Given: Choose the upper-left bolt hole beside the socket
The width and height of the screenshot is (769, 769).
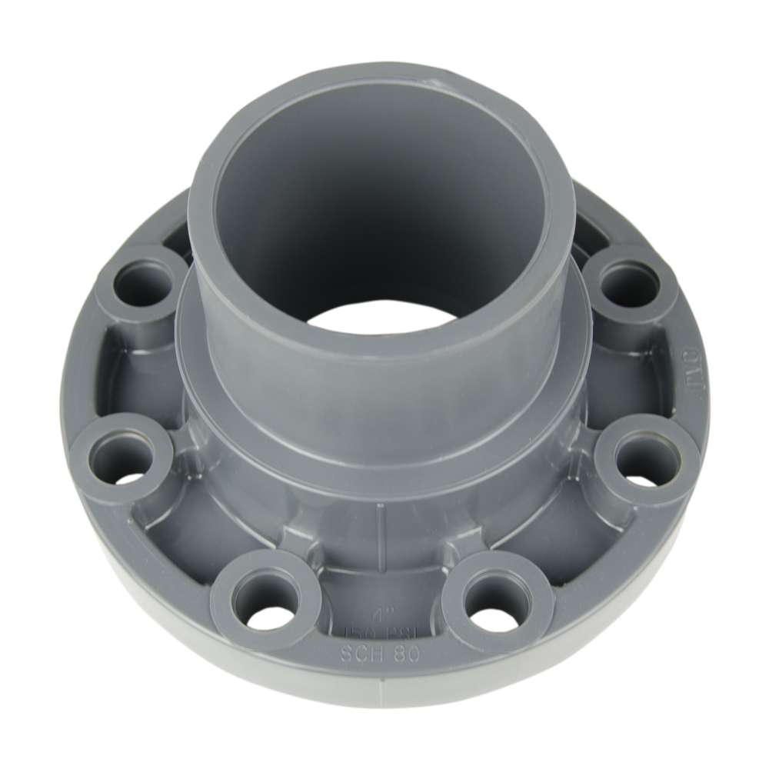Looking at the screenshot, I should click(144, 284).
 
